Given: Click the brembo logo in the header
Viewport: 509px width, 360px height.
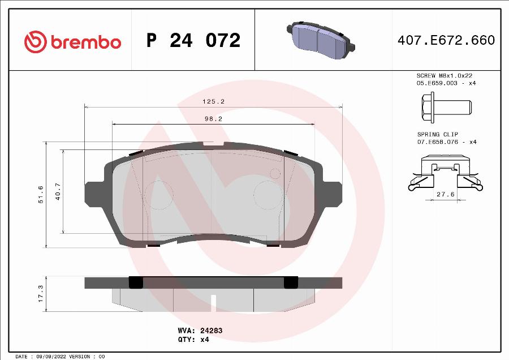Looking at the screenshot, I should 72,41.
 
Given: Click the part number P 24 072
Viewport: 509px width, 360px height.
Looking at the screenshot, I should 193,41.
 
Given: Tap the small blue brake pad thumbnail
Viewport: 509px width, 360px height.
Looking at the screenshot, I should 318,39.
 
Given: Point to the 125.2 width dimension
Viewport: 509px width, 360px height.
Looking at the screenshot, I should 214,101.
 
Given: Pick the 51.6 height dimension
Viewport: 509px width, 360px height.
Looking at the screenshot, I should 40,194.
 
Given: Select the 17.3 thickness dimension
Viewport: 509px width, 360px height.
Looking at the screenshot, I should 40,293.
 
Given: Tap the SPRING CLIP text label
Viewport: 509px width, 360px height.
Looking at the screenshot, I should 437,134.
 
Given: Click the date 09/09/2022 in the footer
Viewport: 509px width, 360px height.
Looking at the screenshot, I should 49,357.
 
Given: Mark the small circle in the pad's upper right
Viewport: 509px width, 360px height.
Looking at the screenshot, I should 275,173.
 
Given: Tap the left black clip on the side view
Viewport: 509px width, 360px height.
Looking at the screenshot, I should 136,282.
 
